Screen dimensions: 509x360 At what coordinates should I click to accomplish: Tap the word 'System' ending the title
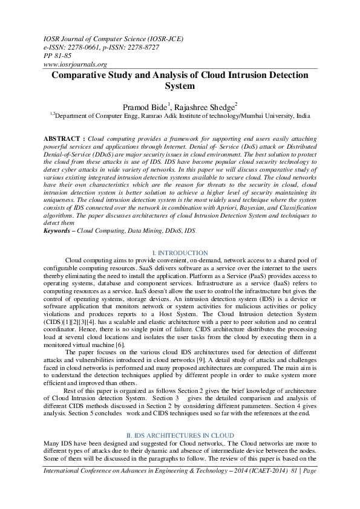click(x=180, y=86)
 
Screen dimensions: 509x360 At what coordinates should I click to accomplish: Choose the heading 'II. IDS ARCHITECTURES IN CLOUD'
click(x=180, y=435)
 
